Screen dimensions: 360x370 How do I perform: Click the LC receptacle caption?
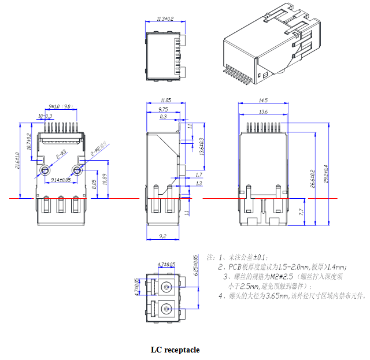[175, 350]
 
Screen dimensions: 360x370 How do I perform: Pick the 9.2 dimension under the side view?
[162, 236]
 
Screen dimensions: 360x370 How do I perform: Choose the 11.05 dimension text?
[165, 100]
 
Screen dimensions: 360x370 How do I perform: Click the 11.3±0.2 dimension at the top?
[165, 19]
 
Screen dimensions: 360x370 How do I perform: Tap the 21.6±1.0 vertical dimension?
[18, 160]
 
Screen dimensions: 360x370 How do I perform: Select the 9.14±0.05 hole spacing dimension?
[61, 180]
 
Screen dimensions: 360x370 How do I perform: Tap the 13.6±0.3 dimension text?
[201, 147]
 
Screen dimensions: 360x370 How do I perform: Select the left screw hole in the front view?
[45, 170]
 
